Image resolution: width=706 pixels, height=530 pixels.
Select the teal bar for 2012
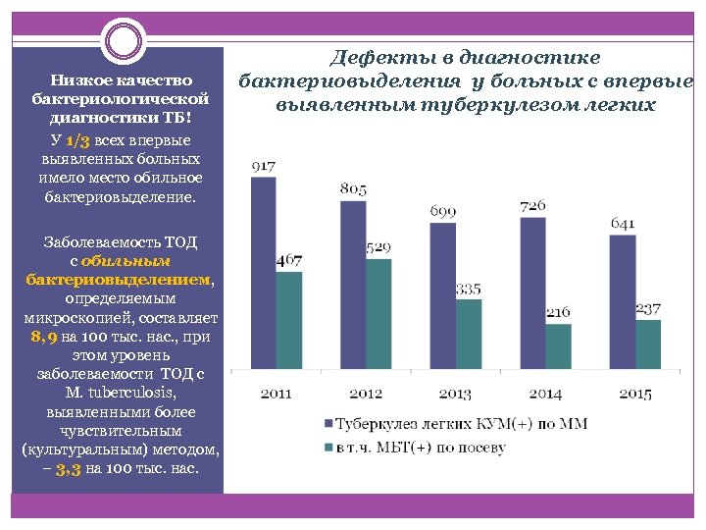378,314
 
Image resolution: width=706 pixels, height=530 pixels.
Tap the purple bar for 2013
442,295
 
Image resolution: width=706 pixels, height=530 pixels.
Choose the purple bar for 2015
622,302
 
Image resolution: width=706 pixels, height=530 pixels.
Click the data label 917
263,167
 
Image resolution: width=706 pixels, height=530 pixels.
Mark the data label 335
469,290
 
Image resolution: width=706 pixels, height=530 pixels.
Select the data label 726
532,206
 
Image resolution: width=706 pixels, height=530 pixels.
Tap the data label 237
648,309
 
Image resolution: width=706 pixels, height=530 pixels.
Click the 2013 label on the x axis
455,394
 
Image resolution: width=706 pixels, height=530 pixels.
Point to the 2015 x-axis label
634,394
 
